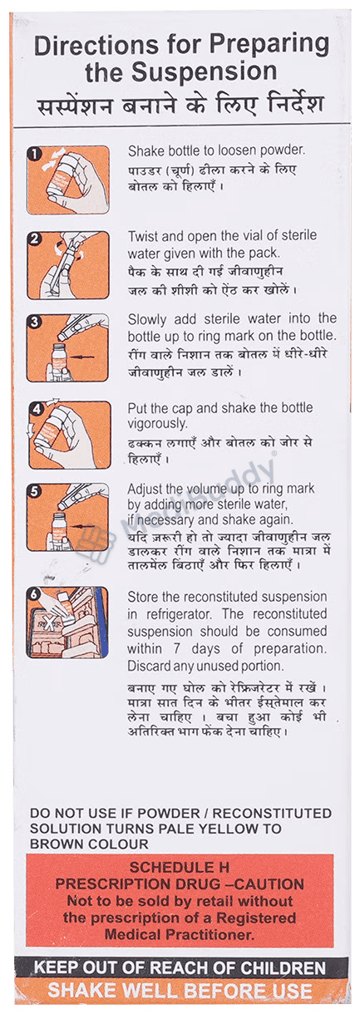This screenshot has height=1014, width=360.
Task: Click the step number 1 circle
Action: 34,154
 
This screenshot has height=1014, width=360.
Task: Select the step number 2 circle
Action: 34,239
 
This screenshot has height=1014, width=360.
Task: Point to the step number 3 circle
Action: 34,322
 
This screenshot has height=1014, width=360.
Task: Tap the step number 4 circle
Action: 36,409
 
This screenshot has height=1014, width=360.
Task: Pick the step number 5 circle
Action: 34,491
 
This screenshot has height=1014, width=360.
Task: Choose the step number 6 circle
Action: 33,595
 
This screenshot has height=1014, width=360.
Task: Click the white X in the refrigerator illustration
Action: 50,622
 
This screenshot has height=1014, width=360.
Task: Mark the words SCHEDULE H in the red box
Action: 180,867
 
